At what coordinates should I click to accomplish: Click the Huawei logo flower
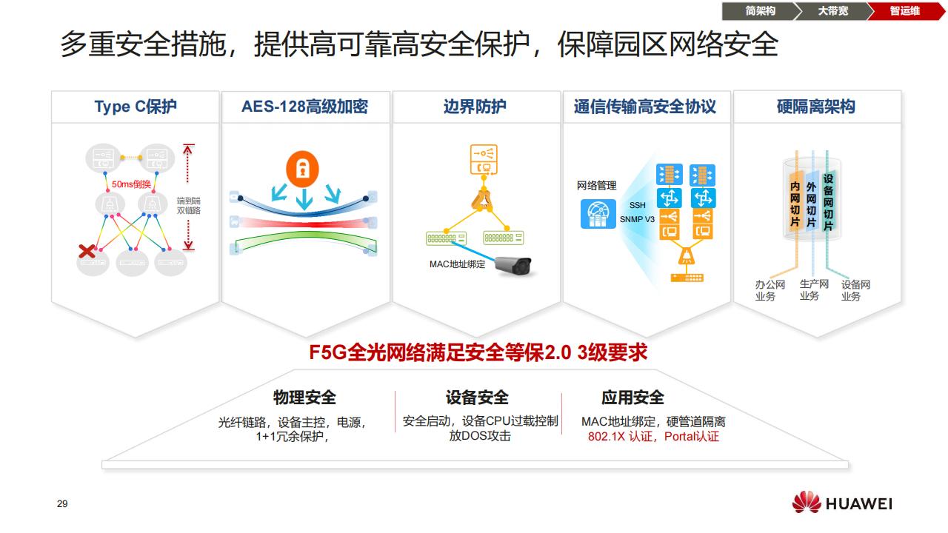tap(807, 503)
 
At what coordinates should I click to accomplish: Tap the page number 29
tap(62, 504)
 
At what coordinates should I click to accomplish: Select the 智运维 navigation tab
tap(904, 11)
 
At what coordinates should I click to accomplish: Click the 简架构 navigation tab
tap(760, 11)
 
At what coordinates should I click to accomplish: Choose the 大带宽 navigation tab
tap(832, 11)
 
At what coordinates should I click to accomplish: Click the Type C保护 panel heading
tap(136, 107)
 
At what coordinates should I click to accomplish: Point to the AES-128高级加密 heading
tap(304, 107)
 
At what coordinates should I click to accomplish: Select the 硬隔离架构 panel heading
tap(815, 107)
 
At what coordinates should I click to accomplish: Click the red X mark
tap(87, 252)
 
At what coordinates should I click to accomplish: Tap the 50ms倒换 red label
tap(131, 184)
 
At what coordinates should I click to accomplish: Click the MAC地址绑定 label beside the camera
tap(457, 264)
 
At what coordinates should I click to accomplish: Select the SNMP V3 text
tap(638, 219)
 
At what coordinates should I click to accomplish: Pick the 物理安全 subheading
tap(304, 398)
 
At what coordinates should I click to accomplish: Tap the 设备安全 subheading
tap(477, 398)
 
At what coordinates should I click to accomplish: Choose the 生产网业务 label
tap(810, 290)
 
